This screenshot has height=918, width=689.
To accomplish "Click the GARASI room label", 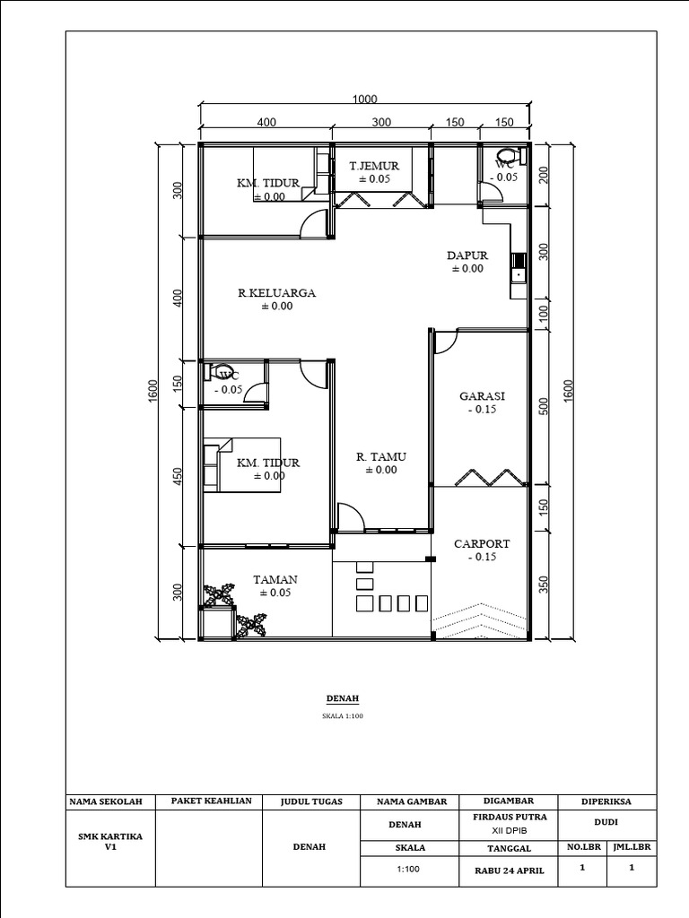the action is pyautogui.click(x=482, y=395).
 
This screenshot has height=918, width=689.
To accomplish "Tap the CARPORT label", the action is pyautogui.click(x=482, y=544).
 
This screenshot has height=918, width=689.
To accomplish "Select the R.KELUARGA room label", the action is pyautogui.click(x=276, y=293).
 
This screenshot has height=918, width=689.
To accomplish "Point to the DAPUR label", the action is pyautogui.click(x=467, y=255).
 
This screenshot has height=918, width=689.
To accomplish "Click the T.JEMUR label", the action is pyautogui.click(x=374, y=166).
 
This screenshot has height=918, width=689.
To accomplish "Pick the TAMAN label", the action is pyautogui.click(x=275, y=580).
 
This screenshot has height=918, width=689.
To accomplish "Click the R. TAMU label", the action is pyautogui.click(x=380, y=456).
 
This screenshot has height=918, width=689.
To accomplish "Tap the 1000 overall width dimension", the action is pyautogui.click(x=364, y=99).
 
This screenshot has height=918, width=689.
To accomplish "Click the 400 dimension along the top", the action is pyautogui.click(x=266, y=122).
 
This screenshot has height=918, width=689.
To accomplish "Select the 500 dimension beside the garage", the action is pyautogui.click(x=544, y=406).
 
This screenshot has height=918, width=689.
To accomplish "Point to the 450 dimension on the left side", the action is pyautogui.click(x=179, y=476).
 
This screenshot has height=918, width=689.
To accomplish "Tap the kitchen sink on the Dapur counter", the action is pyautogui.click(x=518, y=273).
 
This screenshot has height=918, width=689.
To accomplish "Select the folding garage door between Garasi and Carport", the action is pyautogui.click(x=489, y=477).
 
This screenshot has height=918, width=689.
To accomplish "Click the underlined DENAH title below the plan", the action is pyautogui.click(x=342, y=698).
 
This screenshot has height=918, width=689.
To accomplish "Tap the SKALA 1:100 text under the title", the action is pyautogui.click(x=342, y=715).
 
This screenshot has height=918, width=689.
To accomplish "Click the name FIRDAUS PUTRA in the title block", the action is pyautogui.click(x=510, y=817).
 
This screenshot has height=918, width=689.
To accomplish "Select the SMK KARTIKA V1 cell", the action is pyautogui.click(x=110, y=841).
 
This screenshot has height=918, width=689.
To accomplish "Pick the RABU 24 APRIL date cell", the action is pyautogui.click(x=510, y=870).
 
